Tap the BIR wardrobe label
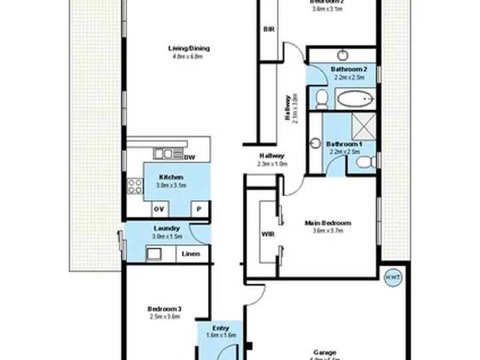[x=269, y=29]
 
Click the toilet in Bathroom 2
[x=321, y=99]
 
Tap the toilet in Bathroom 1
[x=365, y=163]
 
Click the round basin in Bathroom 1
[x=315, y=143]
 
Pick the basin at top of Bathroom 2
[x=342, y=55]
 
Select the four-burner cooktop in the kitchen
[x=135, y=186]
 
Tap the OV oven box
[x=159, y=209]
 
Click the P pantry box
[x=199, y=209]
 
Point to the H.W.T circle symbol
[x=391, y=275]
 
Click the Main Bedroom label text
[x=327, y=223]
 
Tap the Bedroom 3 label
[x=165, y=309]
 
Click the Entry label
[x=221, y=328]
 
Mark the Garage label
[x=325, y=352]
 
